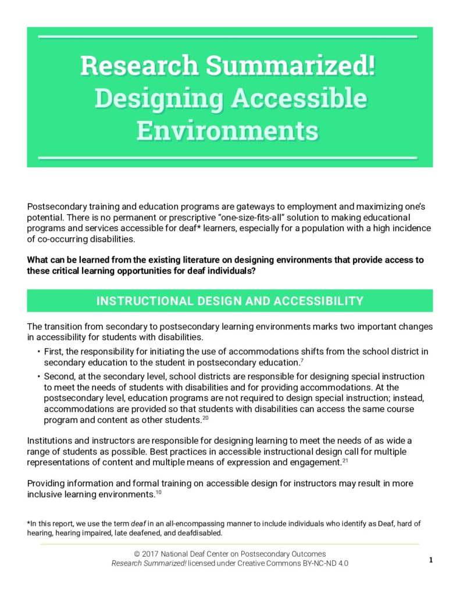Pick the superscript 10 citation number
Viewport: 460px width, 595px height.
[158, 492]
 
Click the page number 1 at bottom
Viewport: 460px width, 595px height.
[431, 560]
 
